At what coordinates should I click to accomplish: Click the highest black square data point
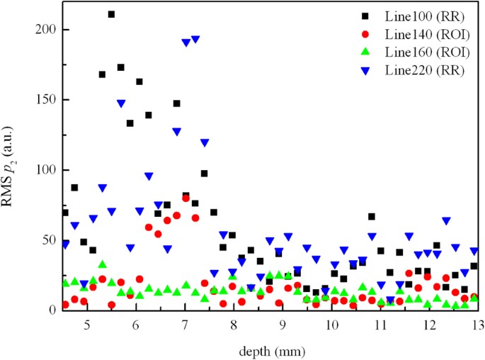[x=111, y=14]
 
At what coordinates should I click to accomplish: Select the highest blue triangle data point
[x=195, y=40]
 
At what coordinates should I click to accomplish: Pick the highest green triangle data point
[x=102, y=264]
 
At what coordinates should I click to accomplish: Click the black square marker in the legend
[x=364, y=16]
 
